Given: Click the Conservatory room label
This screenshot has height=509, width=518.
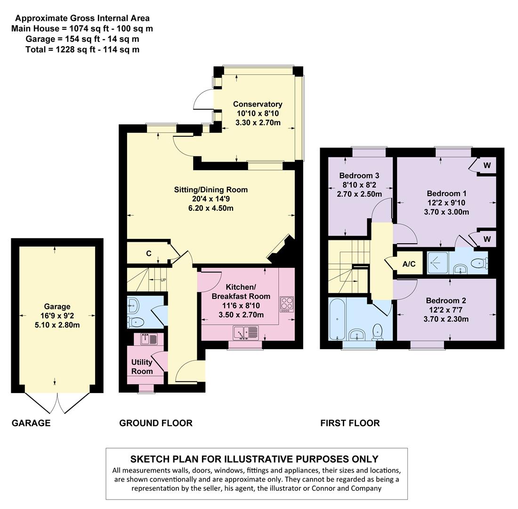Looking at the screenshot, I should (x=258, y=104).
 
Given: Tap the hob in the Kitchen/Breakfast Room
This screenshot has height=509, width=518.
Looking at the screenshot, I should (x=286, y=304).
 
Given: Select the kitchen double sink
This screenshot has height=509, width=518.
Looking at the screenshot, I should (x=245, y=333).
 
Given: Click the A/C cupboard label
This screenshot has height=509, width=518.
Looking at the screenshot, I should (x=409, y=264).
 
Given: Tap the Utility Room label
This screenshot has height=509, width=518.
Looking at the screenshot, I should (x=142, y=367).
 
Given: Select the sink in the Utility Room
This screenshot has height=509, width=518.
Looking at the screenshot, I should (x=146, y=338).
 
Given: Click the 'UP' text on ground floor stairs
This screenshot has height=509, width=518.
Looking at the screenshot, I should (x=163, y=280).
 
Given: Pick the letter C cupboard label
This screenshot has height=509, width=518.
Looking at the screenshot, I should (x=148, y=254).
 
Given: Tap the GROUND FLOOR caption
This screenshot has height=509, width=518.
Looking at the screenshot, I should (x=155, y=423).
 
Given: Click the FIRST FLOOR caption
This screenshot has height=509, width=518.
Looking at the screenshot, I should (x=350, y=423).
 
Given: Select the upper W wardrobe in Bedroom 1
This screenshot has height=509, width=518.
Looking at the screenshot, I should (x=487, y=165).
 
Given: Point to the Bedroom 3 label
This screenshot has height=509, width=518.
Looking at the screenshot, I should (x=359, y=175).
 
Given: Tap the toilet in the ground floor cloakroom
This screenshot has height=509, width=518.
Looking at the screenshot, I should (x=136, y=322).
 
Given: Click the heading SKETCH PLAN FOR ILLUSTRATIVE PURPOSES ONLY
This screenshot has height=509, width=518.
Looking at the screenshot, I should (x=254, y=459).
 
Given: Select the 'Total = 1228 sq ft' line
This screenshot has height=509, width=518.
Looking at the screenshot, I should (x=82, y=49).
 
